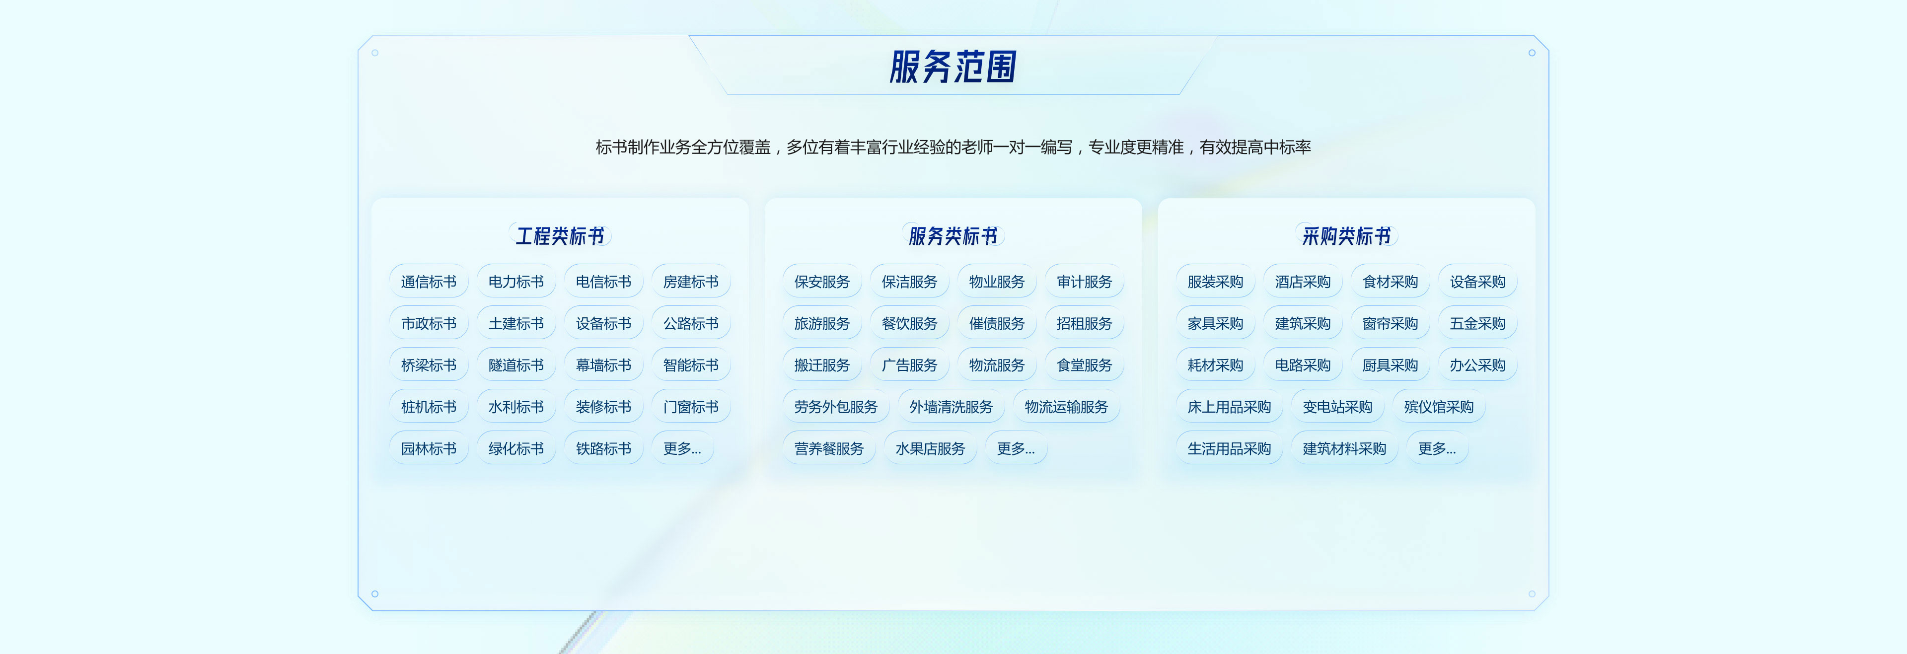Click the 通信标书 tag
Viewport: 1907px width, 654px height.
[x=429, y=282]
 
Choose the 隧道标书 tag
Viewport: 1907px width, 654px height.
[x=516, y=365]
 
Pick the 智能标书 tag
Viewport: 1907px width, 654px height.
[x=691, y=365]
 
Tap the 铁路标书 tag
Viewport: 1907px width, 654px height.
[x=603, y=449]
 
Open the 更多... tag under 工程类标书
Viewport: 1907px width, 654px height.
[x=682, y=449]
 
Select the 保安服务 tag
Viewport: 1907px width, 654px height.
[x=822, y=282]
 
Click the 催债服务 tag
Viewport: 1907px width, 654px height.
[x=996, y=324]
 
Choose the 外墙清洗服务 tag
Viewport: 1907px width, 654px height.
[x=951, y=407]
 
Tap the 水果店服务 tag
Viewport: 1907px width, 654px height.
[x=930, y=449]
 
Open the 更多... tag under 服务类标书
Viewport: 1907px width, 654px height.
[x=1016, y=449]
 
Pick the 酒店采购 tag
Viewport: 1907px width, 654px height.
[x=1302, y=282]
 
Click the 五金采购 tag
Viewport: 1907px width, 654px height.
[x=1477, y=324]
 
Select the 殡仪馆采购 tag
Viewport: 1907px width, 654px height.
[x=1438, y=407]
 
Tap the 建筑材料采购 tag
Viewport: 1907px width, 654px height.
[x=1344, y=449]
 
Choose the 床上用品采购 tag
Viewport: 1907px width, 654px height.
[x=1229, y=407]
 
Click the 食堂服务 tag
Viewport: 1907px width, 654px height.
[x=1084, y=365]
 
